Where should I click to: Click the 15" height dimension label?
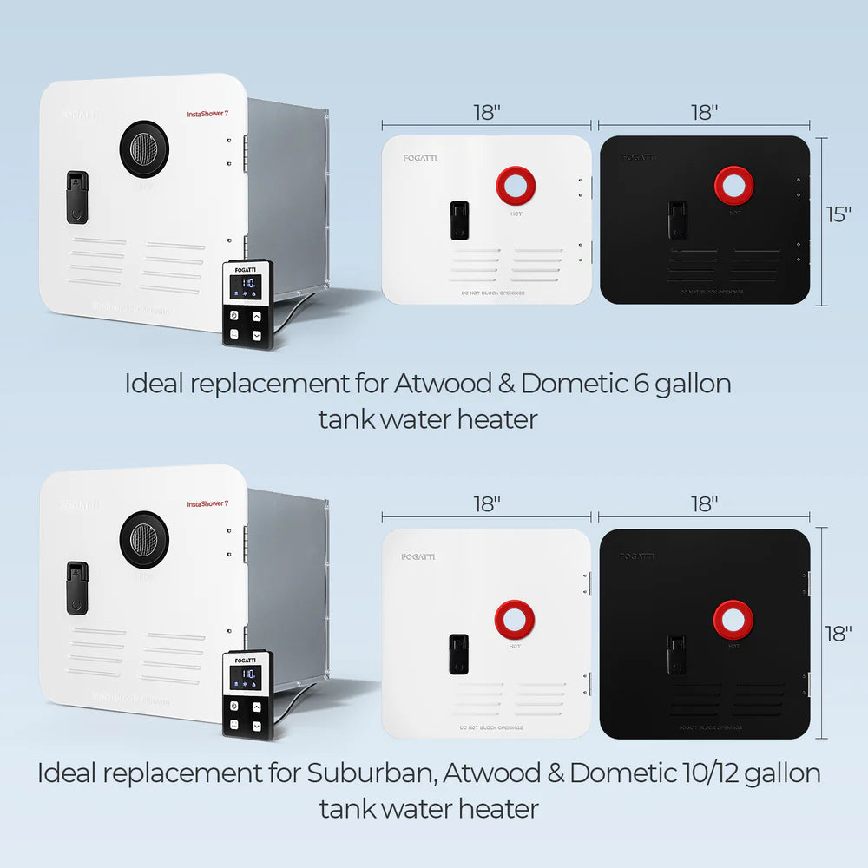click(x=839, y=214)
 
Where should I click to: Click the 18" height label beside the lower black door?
click(x=839, y=634)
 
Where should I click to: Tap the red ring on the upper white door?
click(x=516, y=184)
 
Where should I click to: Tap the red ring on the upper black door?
click(x=734, y=185)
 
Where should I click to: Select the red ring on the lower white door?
click(x=515, y=618)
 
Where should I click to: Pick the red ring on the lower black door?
click(x=733, y=618)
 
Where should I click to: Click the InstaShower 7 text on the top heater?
click(x=207, y=114)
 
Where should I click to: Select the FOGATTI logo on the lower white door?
click(x=418, y=556)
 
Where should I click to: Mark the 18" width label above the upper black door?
click(x=705, y=112)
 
